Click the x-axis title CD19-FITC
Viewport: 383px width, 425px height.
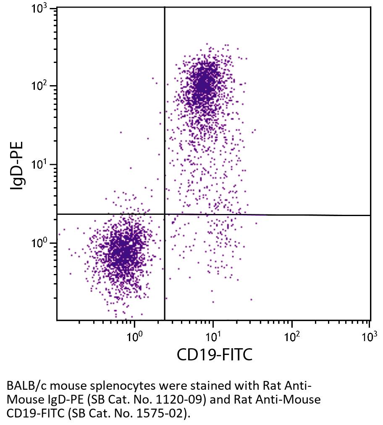click(x=215, y=355)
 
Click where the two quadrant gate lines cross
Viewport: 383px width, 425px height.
click(x=164, y=214)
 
